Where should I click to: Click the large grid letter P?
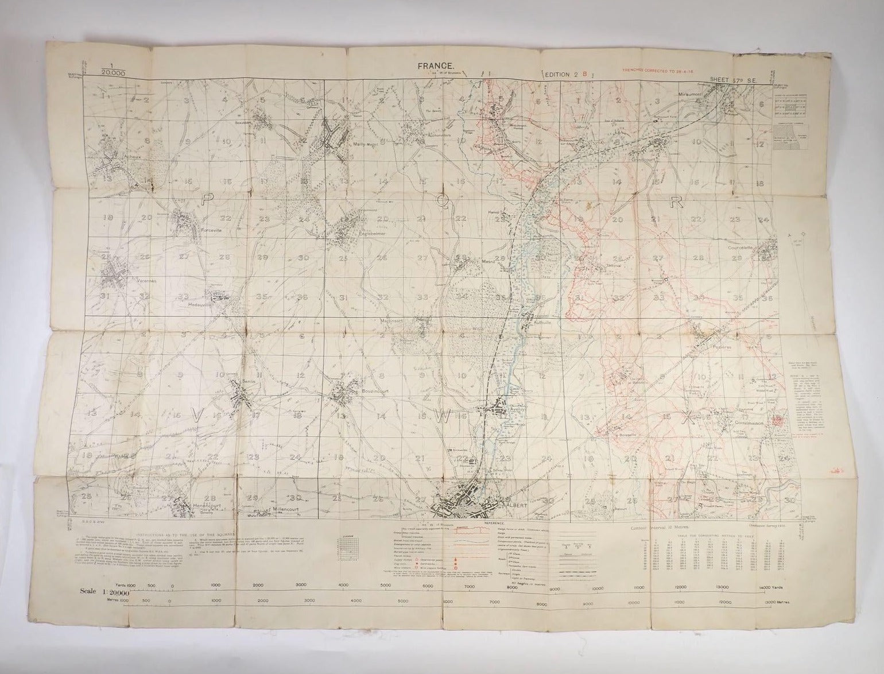(207, 199)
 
